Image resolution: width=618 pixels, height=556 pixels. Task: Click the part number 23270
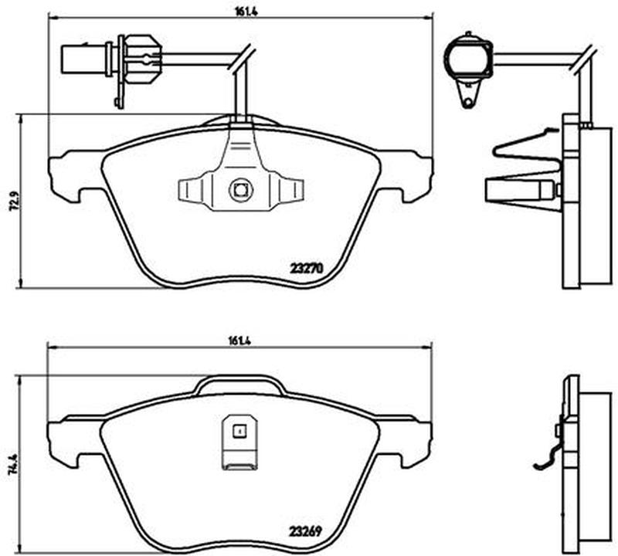[307, 268]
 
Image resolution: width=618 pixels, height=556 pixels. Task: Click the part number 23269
[306, 531]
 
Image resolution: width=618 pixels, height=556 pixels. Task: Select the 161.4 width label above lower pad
[239, 341]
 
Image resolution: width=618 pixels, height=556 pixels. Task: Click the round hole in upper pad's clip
[241, 190]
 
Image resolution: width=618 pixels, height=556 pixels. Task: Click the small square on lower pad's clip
[239, 431]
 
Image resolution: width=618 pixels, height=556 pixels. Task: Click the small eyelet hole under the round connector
[467, 103]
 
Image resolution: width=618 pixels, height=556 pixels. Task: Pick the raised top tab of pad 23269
[240, 385]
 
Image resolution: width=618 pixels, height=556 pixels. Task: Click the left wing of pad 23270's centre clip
[195, 189]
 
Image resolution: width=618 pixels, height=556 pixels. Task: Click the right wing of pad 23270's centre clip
[287, 189]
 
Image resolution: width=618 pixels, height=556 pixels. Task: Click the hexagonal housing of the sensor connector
[142, 59]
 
